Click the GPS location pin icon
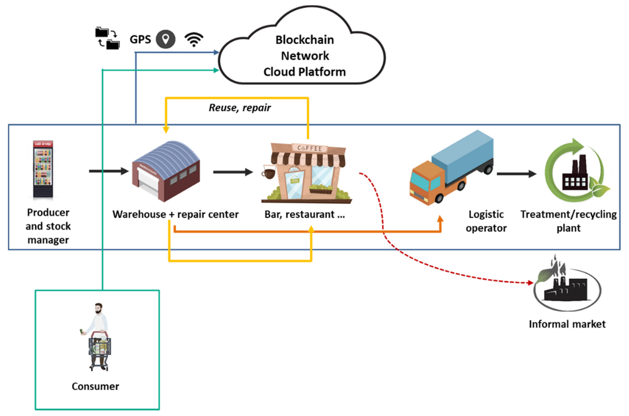click(165, 39)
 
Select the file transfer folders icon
click(107, 38)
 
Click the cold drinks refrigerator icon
click(43, 169)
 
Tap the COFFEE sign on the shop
click(309, 148)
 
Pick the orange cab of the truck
click(427, 183)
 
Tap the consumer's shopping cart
click(100, 348)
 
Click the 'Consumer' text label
click(95, 386)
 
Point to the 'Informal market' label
click(567, 324)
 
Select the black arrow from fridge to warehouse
click(109, 171)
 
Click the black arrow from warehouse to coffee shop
click(233, 172)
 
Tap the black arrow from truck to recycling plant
click(516, 174)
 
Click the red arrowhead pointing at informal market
click(530, 283)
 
